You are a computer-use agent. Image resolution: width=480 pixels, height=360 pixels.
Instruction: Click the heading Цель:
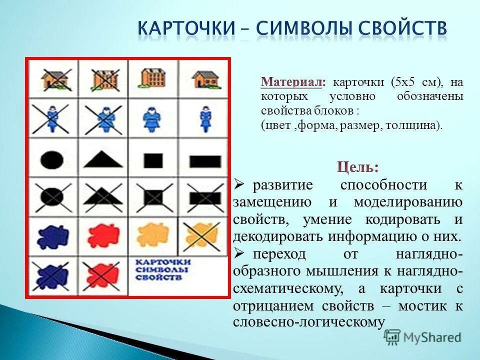(358, 166)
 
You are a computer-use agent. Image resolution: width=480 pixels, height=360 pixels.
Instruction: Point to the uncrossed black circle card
(52, 160)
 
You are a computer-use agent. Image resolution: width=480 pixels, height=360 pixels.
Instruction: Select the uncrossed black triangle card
(103, 160)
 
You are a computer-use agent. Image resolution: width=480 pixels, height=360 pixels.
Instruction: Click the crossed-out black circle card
(52, 197)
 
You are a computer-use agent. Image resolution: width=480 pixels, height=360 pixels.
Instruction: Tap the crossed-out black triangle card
(103, 197)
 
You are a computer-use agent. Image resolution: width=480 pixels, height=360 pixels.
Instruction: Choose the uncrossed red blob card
(103, 234)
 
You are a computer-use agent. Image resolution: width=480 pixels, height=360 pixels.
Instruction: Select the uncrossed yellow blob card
(153, 234)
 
